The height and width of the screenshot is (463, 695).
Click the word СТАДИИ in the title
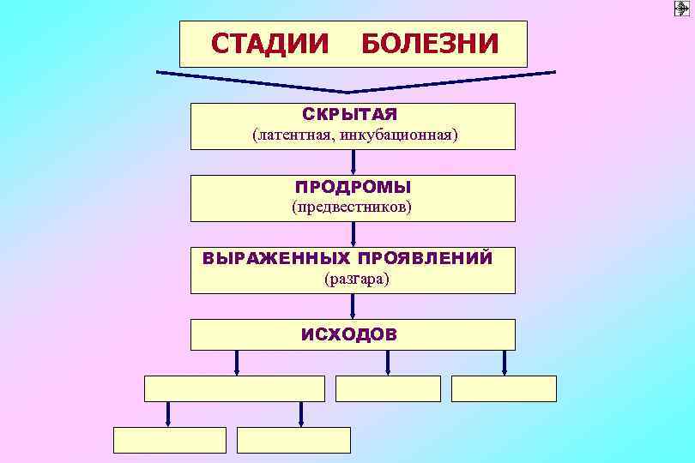click(269, 43)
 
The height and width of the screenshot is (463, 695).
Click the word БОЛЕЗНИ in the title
click(430, 43)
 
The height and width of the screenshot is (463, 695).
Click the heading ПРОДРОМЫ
click(353, 187)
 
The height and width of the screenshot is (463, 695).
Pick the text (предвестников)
click(352, 207)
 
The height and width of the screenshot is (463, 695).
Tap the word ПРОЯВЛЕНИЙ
click(426, 258)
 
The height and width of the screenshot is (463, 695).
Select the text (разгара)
click(352, 279)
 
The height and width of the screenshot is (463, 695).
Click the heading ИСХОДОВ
click(349, 334)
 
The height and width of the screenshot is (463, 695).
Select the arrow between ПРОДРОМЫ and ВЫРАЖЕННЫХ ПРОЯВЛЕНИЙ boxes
click(353, 234)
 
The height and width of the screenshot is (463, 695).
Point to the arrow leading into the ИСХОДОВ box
click(353, 306)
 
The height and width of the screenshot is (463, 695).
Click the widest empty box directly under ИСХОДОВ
click(234, 388)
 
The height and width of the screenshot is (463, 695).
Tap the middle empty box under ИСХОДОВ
click(388, 388)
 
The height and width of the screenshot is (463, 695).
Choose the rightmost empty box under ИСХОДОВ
click(504, 388)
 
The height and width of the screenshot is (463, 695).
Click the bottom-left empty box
click(170, 440)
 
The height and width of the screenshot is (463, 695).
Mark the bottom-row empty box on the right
click(293, 440)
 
